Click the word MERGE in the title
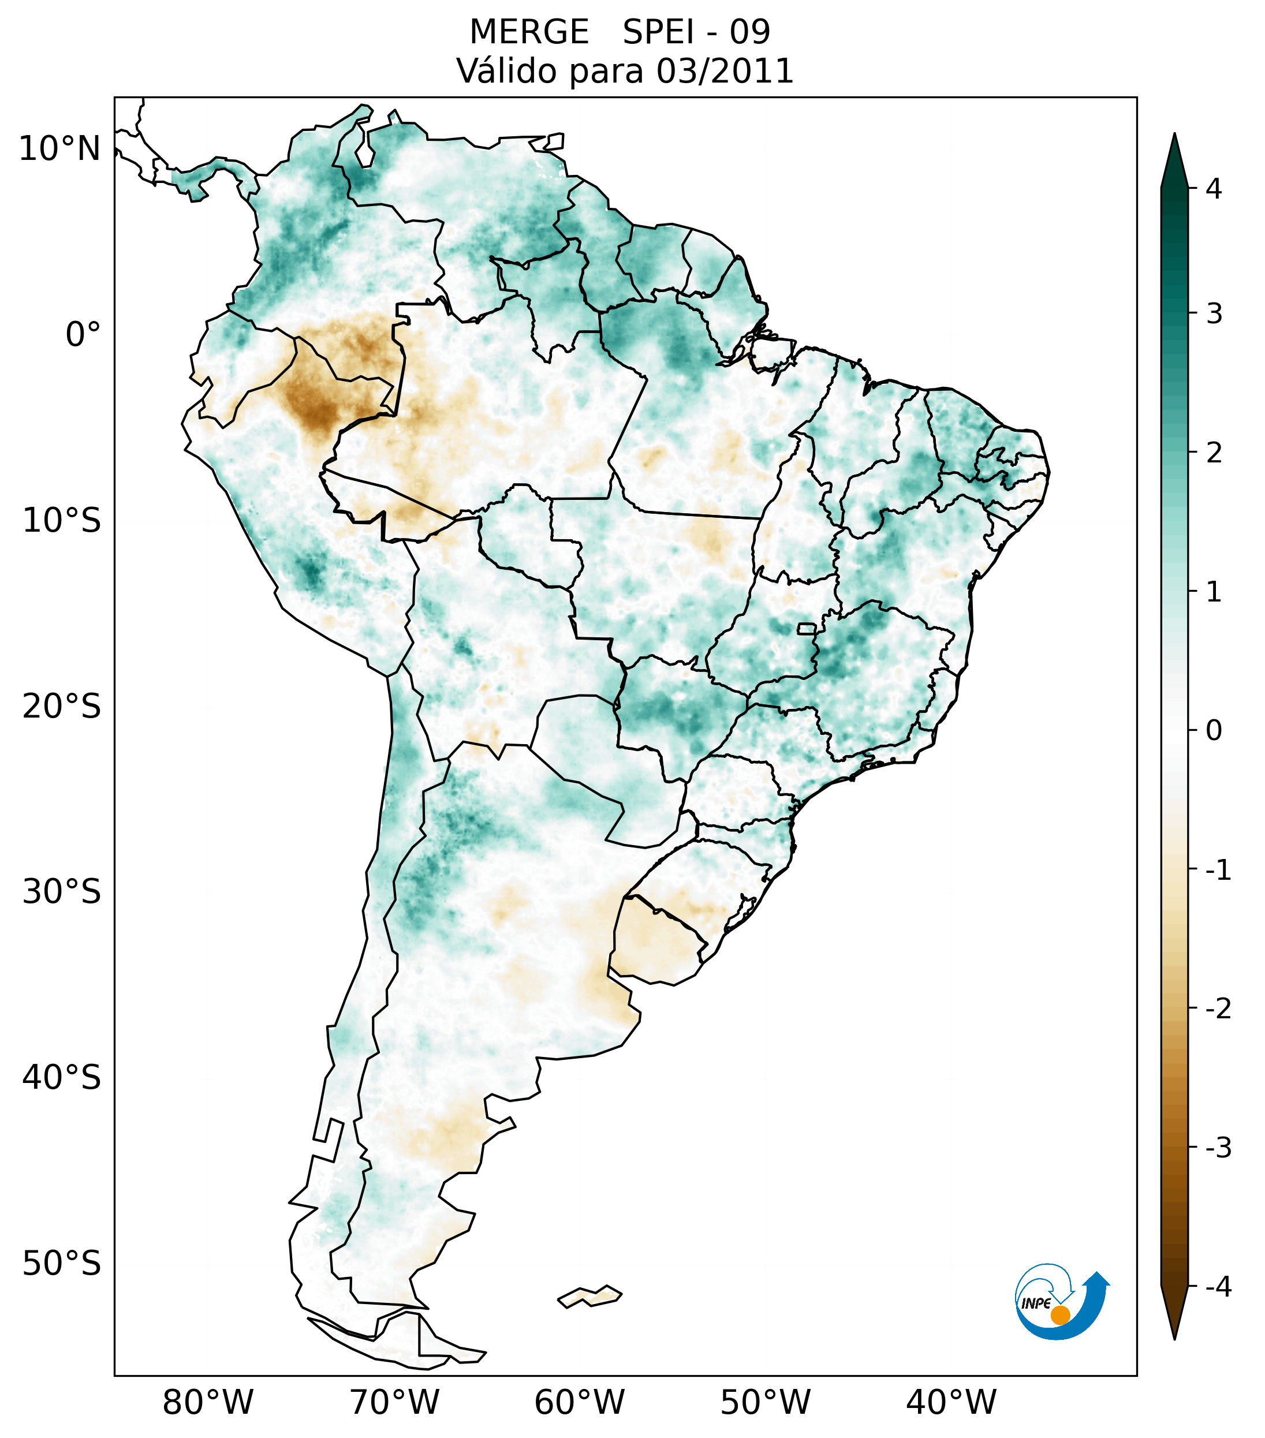(529, 32)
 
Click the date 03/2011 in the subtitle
(725, 71)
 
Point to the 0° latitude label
(83, 335)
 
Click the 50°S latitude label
(62, 1264)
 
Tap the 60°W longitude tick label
(579, 1402)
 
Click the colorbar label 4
(1214, 189)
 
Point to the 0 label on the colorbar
(1214, 731)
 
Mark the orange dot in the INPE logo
(1060, 1315)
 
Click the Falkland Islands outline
(589, 1296)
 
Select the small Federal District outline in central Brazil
(806, 628)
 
